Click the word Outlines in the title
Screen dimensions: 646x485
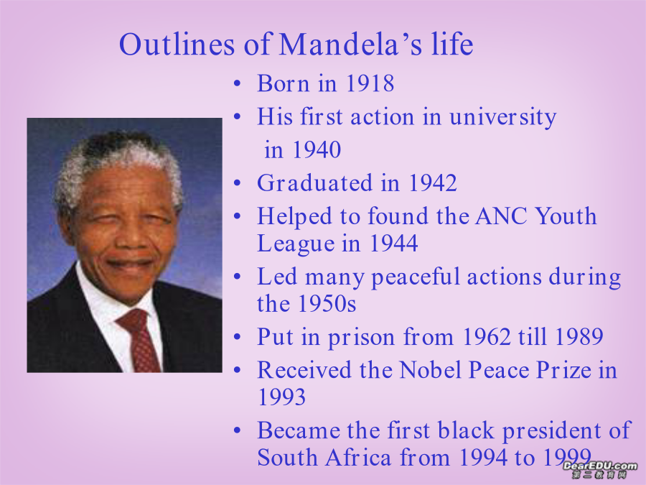coord(177,44)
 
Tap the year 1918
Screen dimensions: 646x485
coord(370,83)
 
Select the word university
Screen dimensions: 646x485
coord(502,118)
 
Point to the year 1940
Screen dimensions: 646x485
coord(317,149)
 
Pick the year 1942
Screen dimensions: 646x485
coord(433,183)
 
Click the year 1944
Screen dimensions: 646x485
coord(394,243)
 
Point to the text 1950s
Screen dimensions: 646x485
coord(327,304)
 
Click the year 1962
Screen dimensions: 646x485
coord(487,337)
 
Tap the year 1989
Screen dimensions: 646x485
coord(579,337)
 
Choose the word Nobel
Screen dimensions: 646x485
coord(430,370)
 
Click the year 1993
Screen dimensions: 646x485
coord(282,397)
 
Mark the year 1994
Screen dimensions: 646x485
coord(483,458)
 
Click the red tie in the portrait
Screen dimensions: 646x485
coord(139,340)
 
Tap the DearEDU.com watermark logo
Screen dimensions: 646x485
coord(600,470)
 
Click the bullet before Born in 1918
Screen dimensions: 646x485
coord(237,84)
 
